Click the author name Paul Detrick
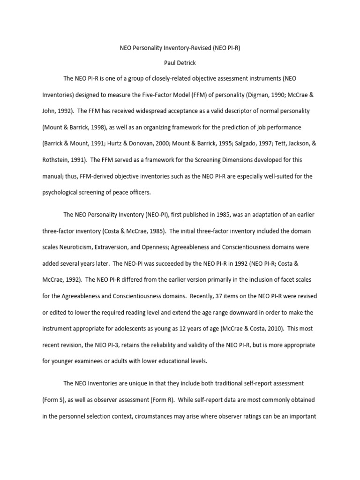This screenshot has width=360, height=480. (180, 63)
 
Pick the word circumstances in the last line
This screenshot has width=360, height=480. (160, 416)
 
